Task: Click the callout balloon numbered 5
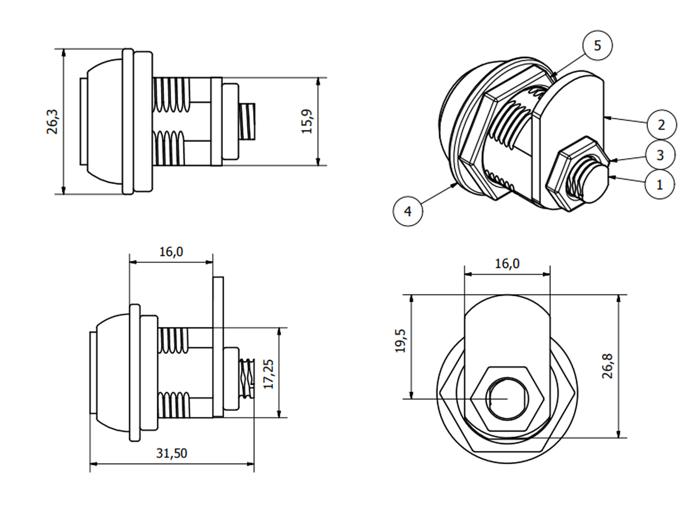point(597,45)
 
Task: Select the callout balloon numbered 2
point(662,125)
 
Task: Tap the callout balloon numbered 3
point(660,155)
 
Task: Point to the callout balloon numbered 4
point(408,211)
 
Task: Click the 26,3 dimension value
point(52,122)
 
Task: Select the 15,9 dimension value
point(307,122)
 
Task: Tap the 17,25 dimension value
point(269,374)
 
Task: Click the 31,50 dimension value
point(171,454)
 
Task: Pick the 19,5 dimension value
point(400,341)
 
